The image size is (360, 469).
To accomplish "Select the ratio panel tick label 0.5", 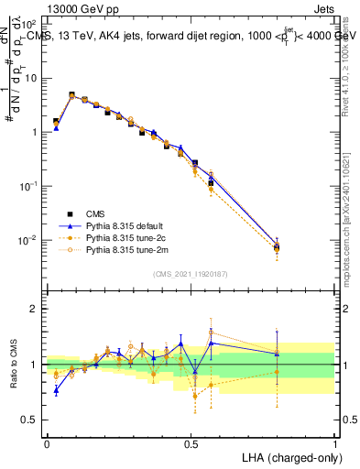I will [x=28, y=420].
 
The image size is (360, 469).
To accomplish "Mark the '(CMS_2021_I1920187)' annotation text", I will [x=191, y=273].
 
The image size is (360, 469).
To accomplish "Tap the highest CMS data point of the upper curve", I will [x=71, y=94].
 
